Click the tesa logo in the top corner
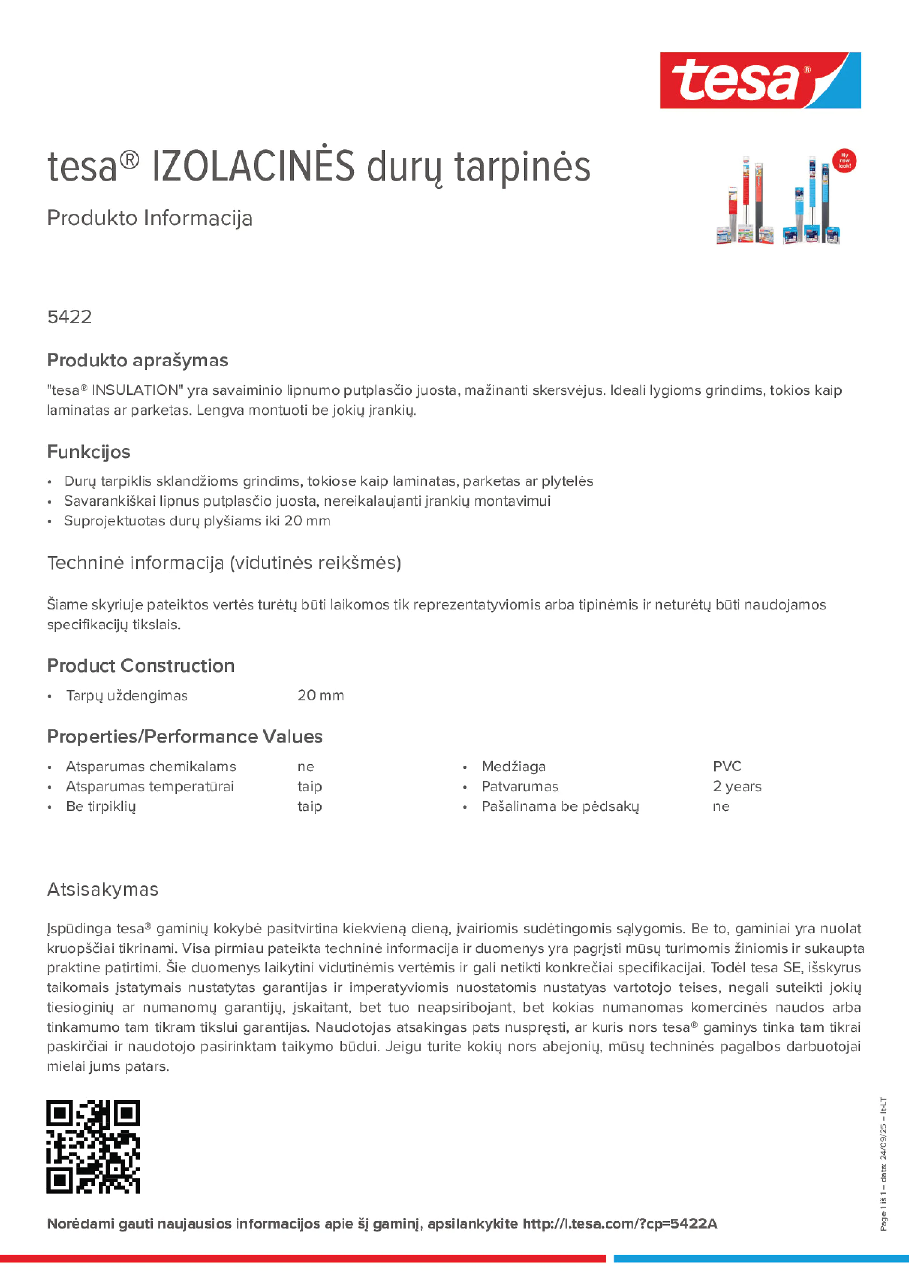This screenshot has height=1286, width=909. click(760, 81)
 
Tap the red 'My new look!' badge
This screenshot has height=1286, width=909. click(844, 161)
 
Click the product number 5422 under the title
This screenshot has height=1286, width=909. click(69, 317)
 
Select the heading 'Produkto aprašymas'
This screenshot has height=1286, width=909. click(137, 360)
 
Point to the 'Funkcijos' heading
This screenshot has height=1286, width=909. click(89, 452)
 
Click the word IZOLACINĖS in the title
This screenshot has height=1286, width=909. click(253, 167)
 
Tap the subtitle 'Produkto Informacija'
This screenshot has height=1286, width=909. click(150, 218)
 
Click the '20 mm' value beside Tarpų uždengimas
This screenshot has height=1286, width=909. click(320, 695)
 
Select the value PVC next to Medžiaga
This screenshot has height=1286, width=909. click(727, 766)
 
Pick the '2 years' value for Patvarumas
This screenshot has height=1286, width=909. click(737, 786)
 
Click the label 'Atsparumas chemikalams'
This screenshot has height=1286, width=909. click(151, 766)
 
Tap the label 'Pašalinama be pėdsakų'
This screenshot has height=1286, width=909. click(560, 806)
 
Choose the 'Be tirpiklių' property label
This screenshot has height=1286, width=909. click(101, 806)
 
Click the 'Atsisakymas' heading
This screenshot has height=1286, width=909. click(103, 889)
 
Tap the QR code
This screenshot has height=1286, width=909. click(93, 1146)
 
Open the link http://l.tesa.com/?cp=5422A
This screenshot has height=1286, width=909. click(620, 1224)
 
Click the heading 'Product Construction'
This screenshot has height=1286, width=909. click(141, 665)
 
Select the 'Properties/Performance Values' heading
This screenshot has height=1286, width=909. click(185, 737)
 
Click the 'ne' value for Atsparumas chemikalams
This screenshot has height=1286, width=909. click(305, 766)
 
